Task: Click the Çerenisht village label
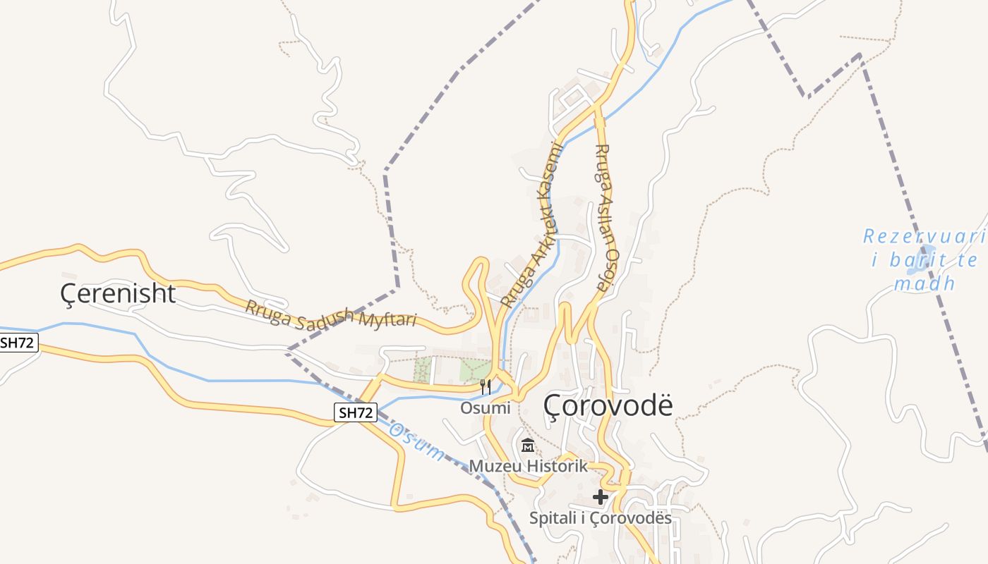coord(118,293)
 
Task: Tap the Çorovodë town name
coord(608,405)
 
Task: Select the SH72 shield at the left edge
coord(18,343)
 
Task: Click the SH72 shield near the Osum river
coord(356,412)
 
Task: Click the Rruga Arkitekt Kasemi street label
coord(534,224)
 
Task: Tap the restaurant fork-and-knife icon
coord(485,386)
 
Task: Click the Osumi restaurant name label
coord(485,408)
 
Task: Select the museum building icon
coord(528,446)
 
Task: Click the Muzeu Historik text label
coord(529,466)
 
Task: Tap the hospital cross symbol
coord(600,497)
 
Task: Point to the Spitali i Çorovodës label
coord(601,519)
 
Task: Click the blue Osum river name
coord(417,441)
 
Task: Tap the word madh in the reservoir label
coord(924,283)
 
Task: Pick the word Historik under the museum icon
coord(557,466)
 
